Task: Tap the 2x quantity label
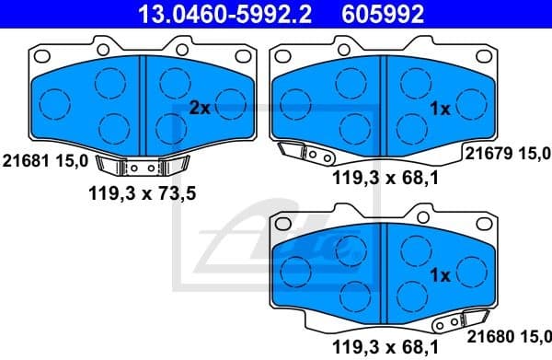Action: [x=200, y=109]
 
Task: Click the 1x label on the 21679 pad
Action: [x=439, y=109]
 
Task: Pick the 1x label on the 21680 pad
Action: [x=439, y=275]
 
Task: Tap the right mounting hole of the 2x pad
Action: [x=243, y=54]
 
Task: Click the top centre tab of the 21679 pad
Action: [x=384, y=43]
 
